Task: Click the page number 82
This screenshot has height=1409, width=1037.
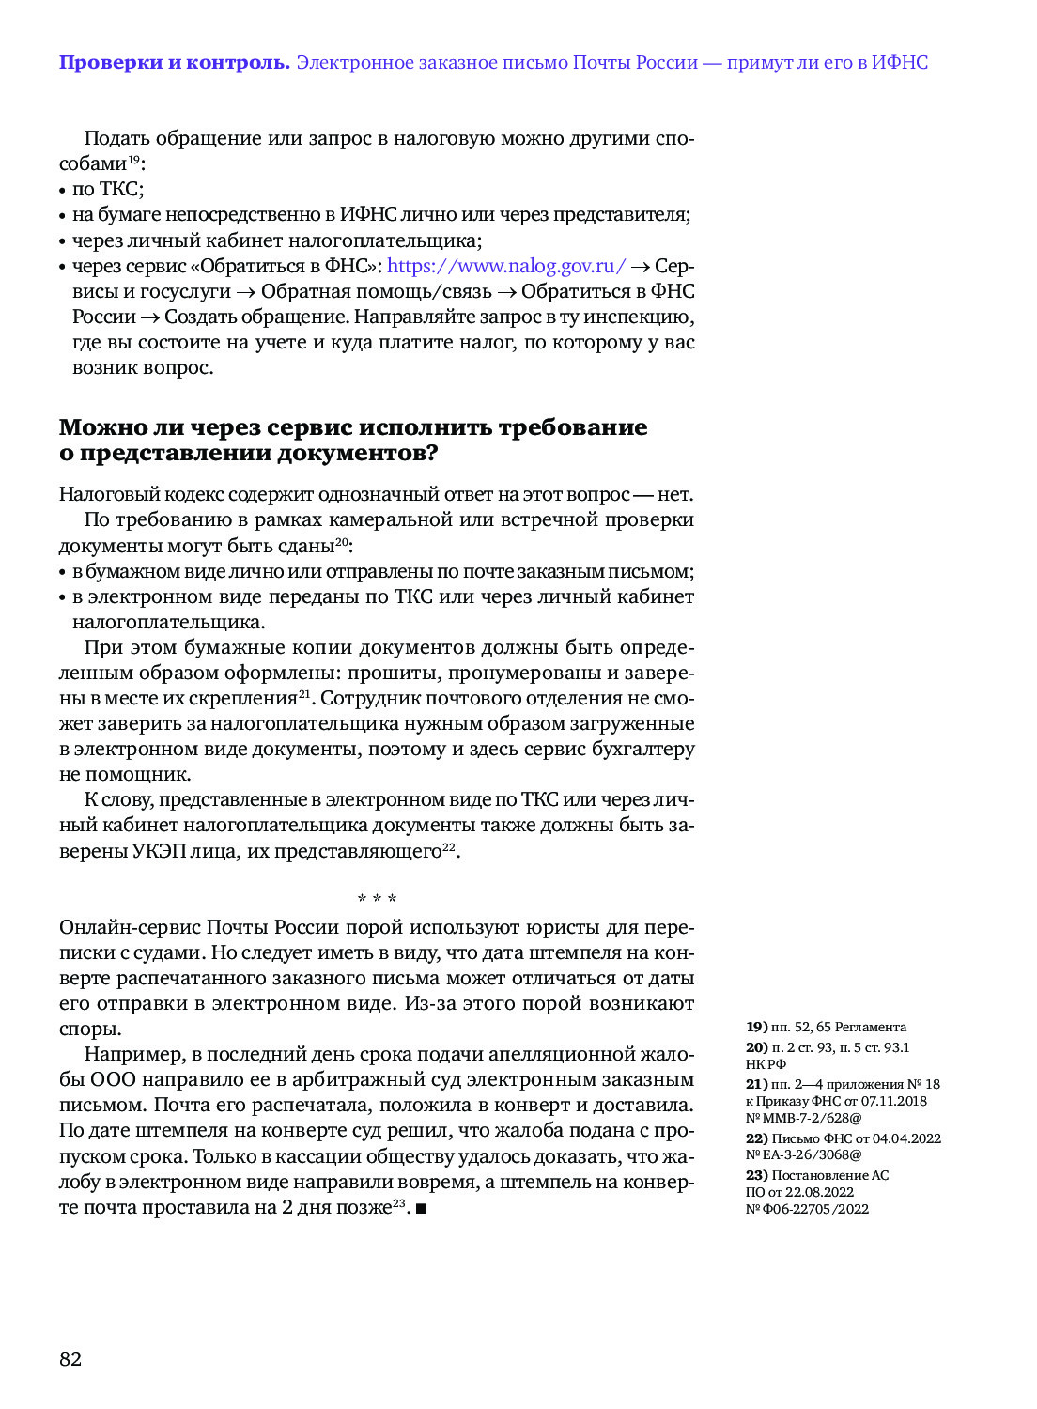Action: tap(70, 1359)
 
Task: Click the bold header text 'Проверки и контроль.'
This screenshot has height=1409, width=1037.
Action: tap(174, 63)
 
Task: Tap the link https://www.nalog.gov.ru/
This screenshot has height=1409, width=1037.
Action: tap(506, 266)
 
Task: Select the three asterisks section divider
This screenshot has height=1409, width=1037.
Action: tap(377, 899)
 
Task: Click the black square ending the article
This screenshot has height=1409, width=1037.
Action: tap(421, 1208)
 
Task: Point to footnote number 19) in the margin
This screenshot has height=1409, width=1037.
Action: tap(756, 1027)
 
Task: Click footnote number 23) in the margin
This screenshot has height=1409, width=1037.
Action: tap(756, 1175)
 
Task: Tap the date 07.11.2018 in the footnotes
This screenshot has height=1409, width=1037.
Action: tap(893, 1101)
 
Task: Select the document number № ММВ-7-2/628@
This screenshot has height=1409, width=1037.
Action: tap(803, 1118)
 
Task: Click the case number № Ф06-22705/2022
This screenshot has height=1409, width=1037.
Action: tap(807, 1209)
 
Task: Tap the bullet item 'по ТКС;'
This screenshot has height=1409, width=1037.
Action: tap(107, 189)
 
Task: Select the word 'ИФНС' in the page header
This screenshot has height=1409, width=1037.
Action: tap(899, 63)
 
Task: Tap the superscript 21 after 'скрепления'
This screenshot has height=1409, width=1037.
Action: tap(304, 694)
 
